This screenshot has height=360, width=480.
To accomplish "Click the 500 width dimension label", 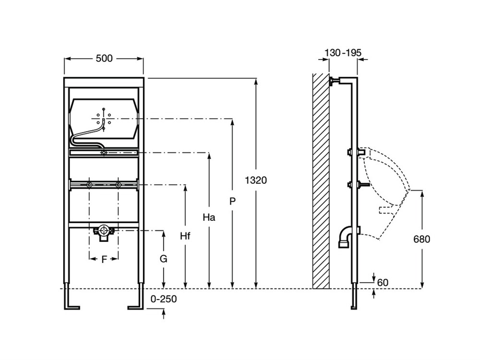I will click(104, 59).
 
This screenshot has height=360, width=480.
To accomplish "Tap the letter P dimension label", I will click(233, 202).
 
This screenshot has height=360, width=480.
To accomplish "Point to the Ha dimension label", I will click(209, 217).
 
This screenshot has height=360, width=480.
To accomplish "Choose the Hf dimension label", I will click(185, 236).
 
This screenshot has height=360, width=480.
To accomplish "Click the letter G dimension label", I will click(164, 259).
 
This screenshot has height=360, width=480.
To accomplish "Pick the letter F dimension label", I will click(104, 260).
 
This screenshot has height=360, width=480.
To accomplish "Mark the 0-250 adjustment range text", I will click(164, 299).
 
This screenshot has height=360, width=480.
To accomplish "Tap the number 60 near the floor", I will click(383, 282).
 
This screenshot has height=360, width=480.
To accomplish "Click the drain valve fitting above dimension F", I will click(103, 231).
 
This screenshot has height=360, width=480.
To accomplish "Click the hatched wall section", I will click(321, 182).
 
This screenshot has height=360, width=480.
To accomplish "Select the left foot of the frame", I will click(72, 306).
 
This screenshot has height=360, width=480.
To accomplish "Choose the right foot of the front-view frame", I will click(135, 306).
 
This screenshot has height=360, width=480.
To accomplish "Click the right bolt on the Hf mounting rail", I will click(119, 185).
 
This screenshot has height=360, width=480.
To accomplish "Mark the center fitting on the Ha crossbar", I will click(104, 153).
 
